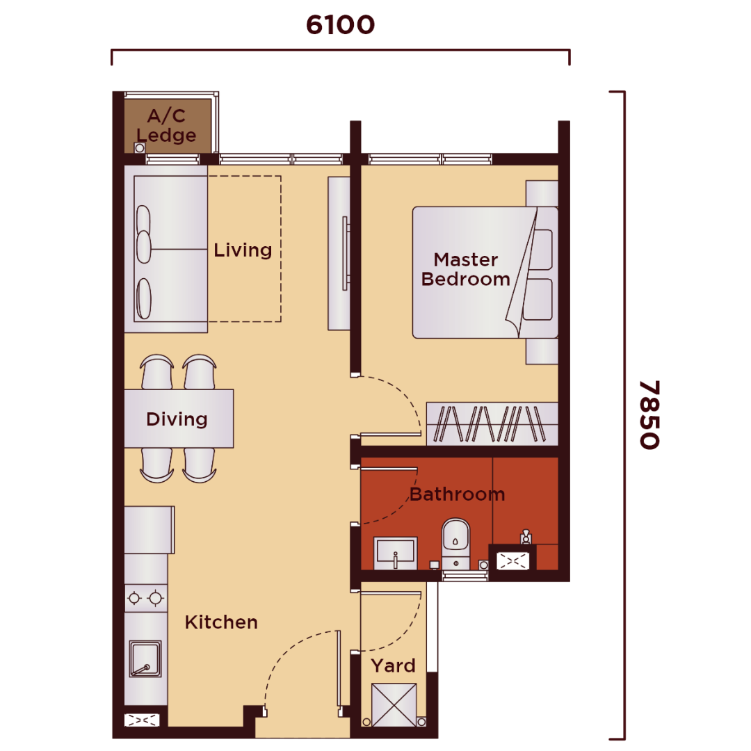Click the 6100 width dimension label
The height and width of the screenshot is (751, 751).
(x=340, y=25)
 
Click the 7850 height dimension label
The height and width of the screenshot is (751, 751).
(x=649, y=414)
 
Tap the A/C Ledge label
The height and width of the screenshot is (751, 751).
(x=166, y=125)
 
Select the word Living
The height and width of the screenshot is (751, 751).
(x=243, y=250)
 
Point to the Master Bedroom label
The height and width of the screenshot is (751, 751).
(x=465, y=269)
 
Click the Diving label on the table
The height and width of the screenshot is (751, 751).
(x=177, y=419)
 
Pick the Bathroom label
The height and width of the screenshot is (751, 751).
(x=458, y=494)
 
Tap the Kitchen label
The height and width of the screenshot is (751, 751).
(x=221, y=622)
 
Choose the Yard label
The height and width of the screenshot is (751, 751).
(x=393, y=665)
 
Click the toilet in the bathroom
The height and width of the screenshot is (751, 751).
(x=455, y=544)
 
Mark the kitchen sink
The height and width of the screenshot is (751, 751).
(x=145, y=659)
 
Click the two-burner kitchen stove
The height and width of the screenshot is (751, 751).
(x=145, y=598)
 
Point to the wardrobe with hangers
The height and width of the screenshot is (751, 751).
(x=492, y=424)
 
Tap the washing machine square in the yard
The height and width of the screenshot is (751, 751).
(x=394, y=705)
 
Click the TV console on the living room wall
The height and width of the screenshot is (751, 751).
(x=339, y=253)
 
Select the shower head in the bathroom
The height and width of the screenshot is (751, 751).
(x=526, y=536)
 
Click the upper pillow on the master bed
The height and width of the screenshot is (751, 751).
(x=538, y=249)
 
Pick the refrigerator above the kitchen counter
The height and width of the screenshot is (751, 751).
(x=150, y=530)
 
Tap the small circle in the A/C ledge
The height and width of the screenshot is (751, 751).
(x=139, y=148)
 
